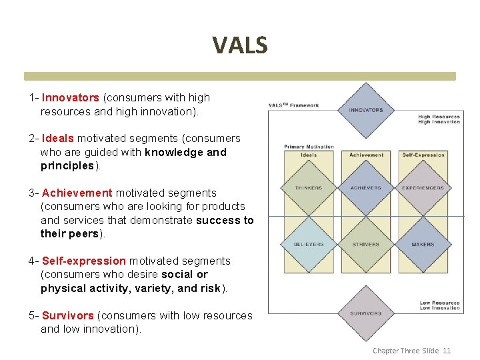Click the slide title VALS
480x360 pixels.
240,45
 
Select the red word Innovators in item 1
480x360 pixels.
70,98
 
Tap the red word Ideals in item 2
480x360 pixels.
58,139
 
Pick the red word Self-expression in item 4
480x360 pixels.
83,261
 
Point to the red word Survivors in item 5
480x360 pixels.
69,315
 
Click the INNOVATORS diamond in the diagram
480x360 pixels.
366,110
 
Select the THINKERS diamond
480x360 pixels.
309,189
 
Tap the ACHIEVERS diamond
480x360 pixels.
366,189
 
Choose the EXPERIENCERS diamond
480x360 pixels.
423,189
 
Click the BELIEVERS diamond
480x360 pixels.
309,245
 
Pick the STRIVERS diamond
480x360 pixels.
366,245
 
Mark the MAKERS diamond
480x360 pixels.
423,245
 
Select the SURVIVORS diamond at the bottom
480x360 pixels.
366,313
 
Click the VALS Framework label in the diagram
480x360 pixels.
293,105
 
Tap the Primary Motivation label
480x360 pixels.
309,147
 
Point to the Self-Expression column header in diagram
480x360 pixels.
423,155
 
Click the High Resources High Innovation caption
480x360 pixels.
439,119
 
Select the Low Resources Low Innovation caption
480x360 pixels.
439,305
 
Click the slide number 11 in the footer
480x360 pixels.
447,351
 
